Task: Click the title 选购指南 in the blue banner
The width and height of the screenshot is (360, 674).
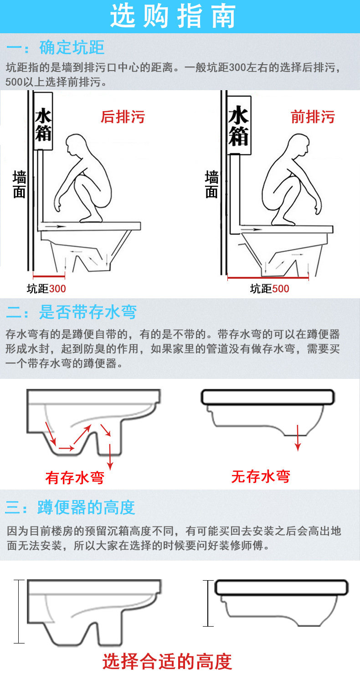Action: click(x=173, y=16)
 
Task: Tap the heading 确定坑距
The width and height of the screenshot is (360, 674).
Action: click(x=72, y=47)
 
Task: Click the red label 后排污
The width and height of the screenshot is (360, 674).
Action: click(x=123, y=117)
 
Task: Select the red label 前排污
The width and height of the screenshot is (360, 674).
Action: click(x=313, y=117)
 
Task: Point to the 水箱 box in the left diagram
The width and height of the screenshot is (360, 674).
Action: click(x=43, y=121)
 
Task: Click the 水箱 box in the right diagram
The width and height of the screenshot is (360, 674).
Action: click(x=239, y=125)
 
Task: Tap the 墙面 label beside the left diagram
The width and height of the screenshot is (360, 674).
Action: click(x=19, y=184)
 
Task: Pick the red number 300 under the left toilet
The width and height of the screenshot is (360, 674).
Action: click(x=57, y=289)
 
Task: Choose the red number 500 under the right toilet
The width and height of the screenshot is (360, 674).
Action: click(x=281, y=289)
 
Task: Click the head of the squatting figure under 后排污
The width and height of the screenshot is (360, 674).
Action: click(x=76, y=145)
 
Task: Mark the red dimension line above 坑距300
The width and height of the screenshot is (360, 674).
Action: click(x=49, y=276)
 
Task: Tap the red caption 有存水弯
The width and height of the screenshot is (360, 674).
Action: click(x=75, y=478)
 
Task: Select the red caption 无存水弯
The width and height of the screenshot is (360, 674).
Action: click(x=261, y=476)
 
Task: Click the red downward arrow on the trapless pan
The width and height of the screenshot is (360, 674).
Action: click(x=298, y=438)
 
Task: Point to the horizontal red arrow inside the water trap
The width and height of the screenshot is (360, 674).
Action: click(x=67, y=448)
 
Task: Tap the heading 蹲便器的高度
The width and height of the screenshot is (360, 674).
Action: click(x=86, y=507)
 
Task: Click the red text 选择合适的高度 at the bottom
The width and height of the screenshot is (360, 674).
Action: click(x=167, y=661)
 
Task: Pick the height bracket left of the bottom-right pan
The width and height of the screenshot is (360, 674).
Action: click(x=208, y=603)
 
